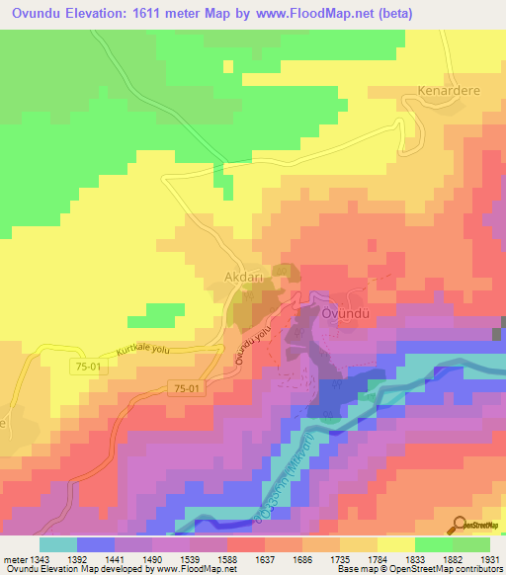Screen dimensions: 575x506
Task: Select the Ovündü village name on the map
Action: click(x=346, y=313)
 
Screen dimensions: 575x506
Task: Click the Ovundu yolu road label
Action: click(x=253, y=349)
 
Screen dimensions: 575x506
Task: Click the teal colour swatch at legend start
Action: click(x=57, y=544)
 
